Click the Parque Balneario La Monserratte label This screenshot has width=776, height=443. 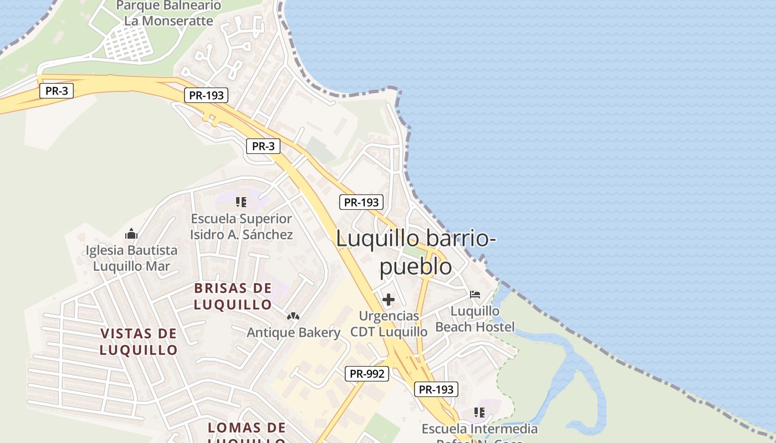pos(169,13)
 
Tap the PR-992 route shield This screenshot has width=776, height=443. pos(367,374)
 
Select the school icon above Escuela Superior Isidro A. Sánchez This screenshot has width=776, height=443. pos(241,202)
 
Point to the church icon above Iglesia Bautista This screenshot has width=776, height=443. pos(131,233)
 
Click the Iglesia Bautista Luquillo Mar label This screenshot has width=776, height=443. pos(131,258)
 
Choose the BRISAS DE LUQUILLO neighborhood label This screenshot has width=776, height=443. pos(233,296)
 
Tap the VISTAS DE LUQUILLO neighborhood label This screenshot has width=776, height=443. pos(139,341)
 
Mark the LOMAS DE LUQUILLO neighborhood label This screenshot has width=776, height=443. pos(247,432)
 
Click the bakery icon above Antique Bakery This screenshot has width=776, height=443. pos(293,316)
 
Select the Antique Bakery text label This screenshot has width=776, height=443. pos(293,332)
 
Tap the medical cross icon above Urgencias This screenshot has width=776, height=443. pos(389,300)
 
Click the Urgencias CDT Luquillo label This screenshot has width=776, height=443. pos(389,324)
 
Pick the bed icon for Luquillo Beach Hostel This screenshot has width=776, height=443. pos(475,294)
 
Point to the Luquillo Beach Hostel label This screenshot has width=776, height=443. pos(475,319)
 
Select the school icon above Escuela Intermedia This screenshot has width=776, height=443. pos(479,413)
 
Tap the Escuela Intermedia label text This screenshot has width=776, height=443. pos(479,429)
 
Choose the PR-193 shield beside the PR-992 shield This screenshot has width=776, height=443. pos(436,389)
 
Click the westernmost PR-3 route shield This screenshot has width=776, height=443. pos(57,91)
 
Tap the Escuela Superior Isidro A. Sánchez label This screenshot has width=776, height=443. pos(241,226)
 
